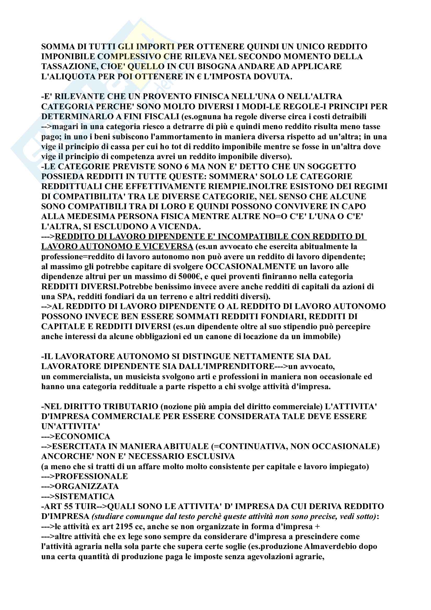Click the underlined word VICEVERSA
point(168,246)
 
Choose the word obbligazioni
point(160,337)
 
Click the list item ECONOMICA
point(82,437)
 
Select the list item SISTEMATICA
point(84,497)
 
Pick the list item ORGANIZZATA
point(87,486)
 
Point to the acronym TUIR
point(86,507)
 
